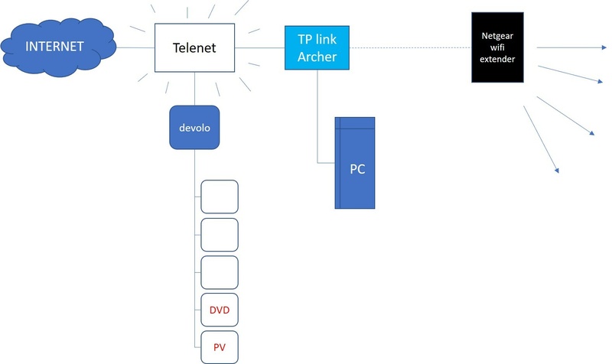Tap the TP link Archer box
coord(317,47)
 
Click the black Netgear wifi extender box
coord(497,47)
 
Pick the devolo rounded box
coord(194,128)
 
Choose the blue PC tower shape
coord(356,169)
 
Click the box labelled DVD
coord(220,310)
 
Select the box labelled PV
coord(220,347)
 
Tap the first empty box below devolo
coord(220,197)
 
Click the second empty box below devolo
coord(220,235)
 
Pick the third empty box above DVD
coord(220,272)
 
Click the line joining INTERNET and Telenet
coord(135,48)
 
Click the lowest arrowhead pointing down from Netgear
coord(557,169)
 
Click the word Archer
coord(317,56)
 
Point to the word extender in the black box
coord(497,59)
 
